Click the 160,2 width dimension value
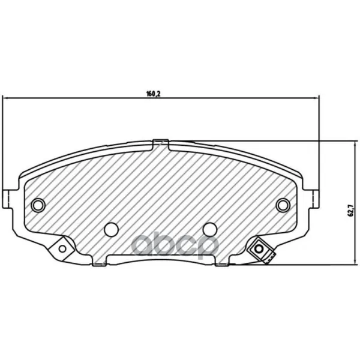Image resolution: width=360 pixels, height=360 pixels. point(153,94)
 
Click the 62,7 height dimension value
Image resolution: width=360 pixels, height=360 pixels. point(350,210)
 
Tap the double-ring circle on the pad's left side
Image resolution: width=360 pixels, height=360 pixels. point(38,205)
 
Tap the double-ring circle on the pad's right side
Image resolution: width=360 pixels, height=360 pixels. point(283,205)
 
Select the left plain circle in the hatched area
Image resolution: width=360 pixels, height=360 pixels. point(112,229)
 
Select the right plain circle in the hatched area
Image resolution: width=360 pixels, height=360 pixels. point(210,229)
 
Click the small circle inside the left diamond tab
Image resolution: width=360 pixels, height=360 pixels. point(62,248)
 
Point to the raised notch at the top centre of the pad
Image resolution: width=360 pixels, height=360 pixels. point(161,145)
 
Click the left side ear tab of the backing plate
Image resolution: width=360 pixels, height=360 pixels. point(7,199)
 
